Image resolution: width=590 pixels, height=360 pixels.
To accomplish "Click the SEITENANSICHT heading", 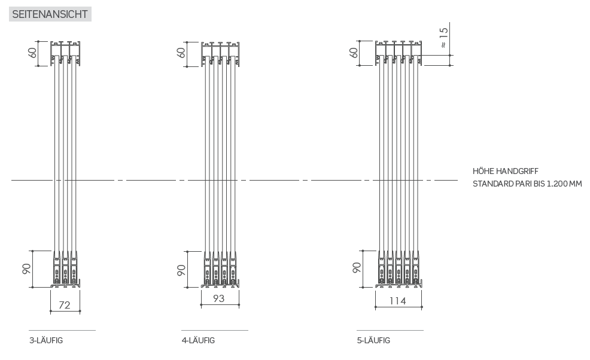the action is (50, 14).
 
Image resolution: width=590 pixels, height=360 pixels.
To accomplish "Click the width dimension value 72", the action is (65, 305).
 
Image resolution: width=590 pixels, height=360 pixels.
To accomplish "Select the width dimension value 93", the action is (218, 298).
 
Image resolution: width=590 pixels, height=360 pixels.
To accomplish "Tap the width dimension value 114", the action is (398, 301).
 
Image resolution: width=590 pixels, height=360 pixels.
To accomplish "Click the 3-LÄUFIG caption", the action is (46, 340).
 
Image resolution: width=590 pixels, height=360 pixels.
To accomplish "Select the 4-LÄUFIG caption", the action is (198, 340).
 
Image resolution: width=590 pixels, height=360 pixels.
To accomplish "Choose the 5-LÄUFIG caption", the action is (373, 340).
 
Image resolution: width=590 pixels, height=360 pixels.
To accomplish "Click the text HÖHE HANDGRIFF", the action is (506, 171).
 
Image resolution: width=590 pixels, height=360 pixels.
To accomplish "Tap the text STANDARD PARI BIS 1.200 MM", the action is (527, 184).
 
